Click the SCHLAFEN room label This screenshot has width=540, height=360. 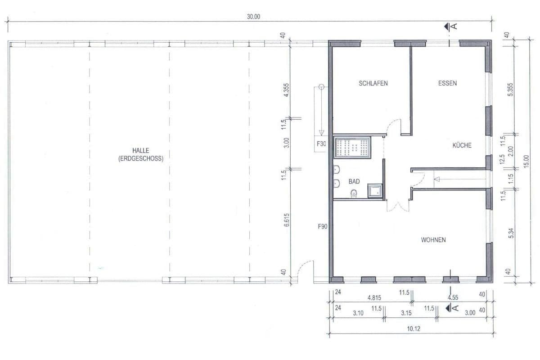coord(373,83)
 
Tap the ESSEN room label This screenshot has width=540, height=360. coord(447,83)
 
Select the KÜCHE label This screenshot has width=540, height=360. coord(462,145)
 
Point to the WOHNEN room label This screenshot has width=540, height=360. coord(433,240)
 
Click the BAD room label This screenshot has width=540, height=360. coord(354,182)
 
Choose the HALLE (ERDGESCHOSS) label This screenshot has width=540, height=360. coord(141,155)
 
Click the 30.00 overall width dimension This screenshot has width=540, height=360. coord(253,17)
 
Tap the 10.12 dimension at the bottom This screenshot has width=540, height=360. coord(413,329)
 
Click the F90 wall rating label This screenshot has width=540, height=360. coord(322,227)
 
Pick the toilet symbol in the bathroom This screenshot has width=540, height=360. coord(354,193)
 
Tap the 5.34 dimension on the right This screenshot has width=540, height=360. coord(509,234)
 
